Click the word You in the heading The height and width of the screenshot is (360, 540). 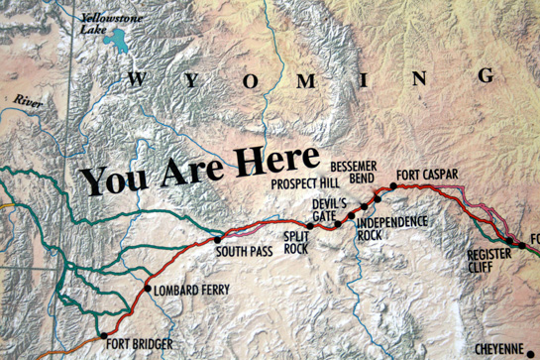[x=110, y=180]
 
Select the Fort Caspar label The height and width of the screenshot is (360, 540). [x=427, y=176]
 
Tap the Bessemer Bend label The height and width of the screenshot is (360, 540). [x=353, y=170]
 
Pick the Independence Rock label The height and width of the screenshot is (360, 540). [x=383, y=228]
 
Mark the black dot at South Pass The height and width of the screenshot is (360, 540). [x=218, y=238]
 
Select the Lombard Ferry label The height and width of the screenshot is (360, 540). [x=192, y=290]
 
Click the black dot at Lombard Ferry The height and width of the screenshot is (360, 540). [x=149, y=290]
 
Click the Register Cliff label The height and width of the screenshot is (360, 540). [x=488, y=260]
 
